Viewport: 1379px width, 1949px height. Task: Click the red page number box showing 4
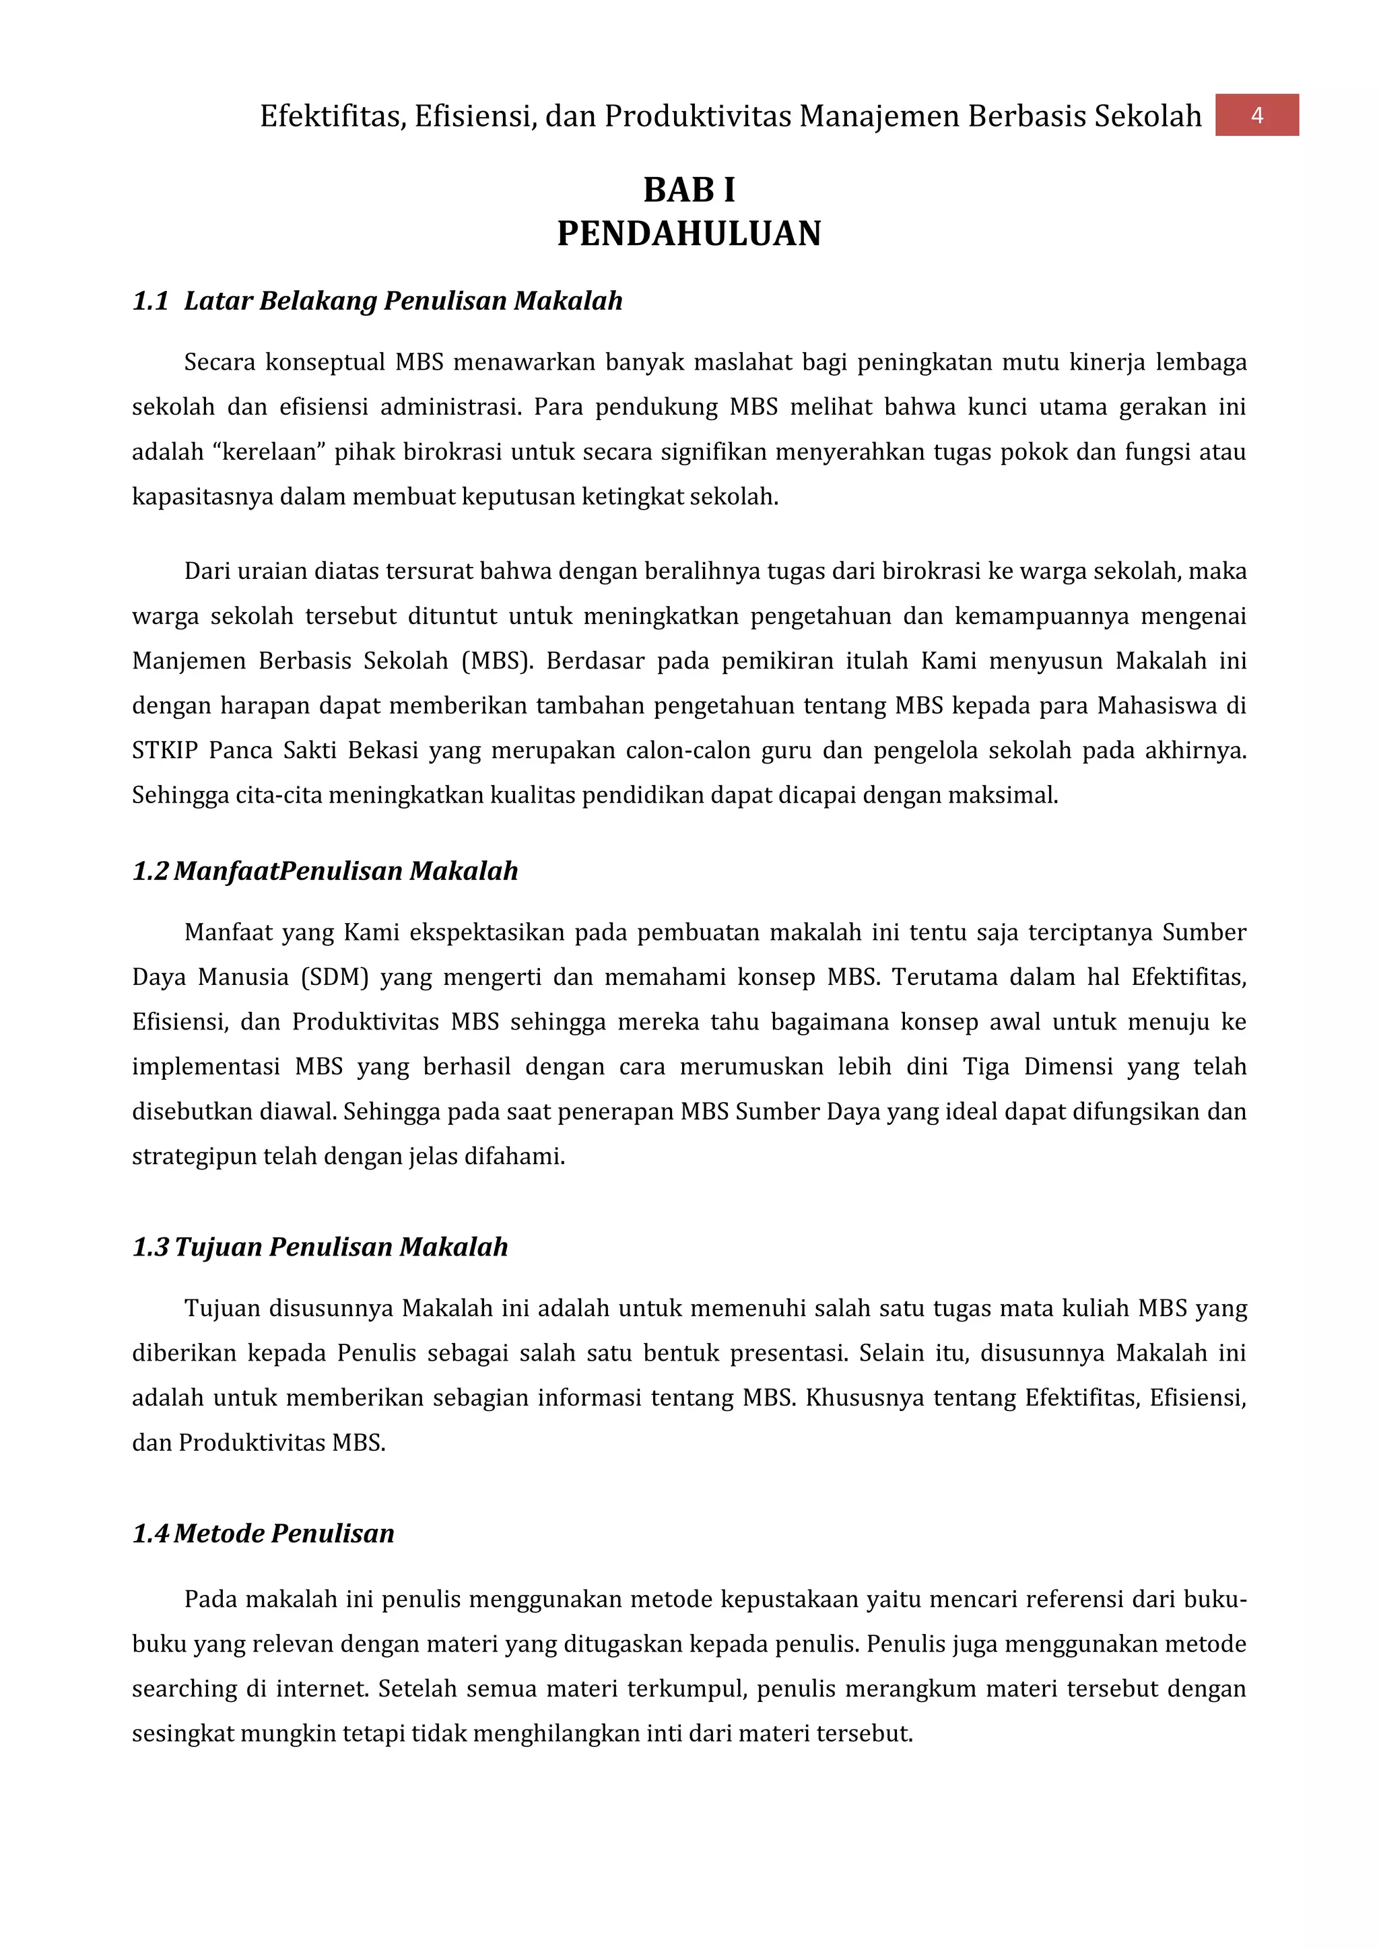point(1256,115)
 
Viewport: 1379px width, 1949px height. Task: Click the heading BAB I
point(689,189)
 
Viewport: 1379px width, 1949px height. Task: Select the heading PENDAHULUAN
point(689,234)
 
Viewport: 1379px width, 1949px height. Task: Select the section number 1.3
point(150,1247)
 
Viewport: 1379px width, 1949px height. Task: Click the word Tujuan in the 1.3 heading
point(218,1247)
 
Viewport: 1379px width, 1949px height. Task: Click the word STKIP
point(165,751)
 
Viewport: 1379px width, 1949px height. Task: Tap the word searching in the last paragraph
point(183,1689)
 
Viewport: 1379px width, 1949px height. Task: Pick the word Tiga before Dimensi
point(985,1067)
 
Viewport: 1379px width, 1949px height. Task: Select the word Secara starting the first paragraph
point(219,362)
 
